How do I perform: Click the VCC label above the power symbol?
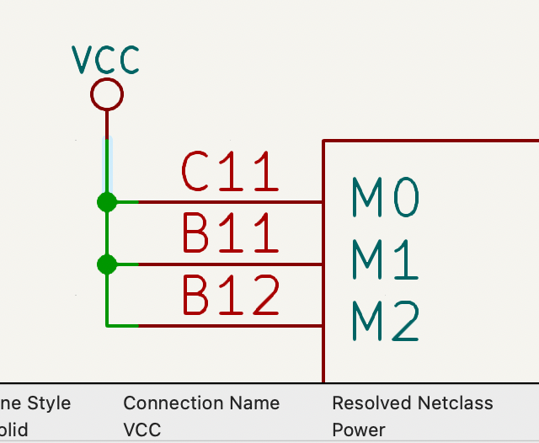pos(105,60)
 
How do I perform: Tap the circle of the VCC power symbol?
pos(106,94)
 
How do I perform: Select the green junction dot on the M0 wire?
pos(106,202)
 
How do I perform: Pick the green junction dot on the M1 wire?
pos(106,264)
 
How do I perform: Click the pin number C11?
pos(230,173)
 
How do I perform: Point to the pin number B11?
pos(230,234)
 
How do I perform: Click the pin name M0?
pos(385,199)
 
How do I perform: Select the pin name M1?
pos(385,260)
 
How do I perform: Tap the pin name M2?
pos(385,323)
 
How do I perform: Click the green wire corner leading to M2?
pos(108,324)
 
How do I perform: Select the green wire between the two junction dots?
pos(106,233)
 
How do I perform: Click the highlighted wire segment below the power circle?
pos(106,164)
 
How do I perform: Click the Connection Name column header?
pos(201,403)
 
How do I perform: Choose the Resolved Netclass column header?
pos(413,403)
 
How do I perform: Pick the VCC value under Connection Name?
pos(142,430)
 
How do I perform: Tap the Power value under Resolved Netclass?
pos(359,430)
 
